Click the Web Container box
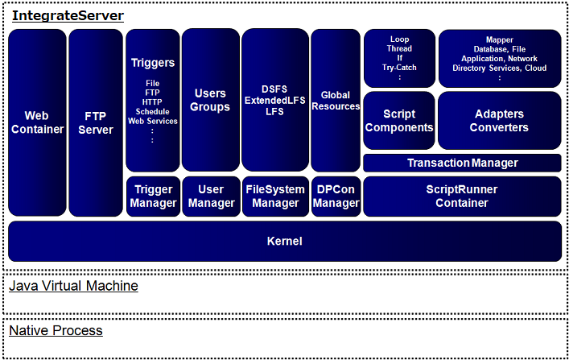pos(37,122)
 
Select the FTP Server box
pos(95,122)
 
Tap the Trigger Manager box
pos(153,197)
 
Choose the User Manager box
pos(211,197)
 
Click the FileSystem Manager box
pos(274,197)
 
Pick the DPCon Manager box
pos(336,197)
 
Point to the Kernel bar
pos(284,241)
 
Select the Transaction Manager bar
pos(462,163)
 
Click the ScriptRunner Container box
pos(462,197)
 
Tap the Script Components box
pos(398,121)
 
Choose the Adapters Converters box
pos(499,121)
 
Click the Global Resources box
pos(336,101)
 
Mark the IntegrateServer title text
pos(68,15)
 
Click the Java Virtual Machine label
pos(73,286)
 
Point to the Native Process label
pos(56,330)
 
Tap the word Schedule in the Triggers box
pos(153,112)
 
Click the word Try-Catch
pos(399,68)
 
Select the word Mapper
pos(499,39)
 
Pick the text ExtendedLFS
pos(274,100)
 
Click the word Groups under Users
pos(210,107)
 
